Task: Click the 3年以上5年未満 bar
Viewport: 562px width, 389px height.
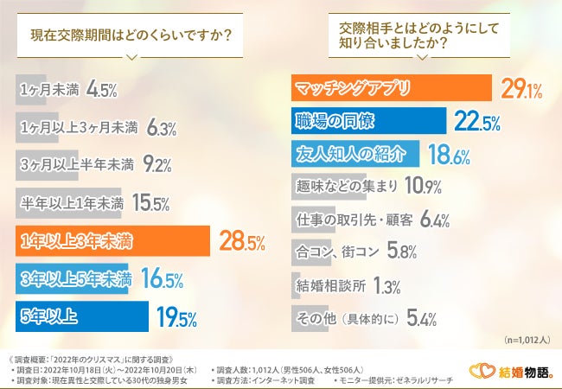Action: (73, 278)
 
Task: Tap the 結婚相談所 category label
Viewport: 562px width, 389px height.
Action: (330, 284)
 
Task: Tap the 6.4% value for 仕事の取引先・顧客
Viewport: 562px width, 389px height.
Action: (434, 220)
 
